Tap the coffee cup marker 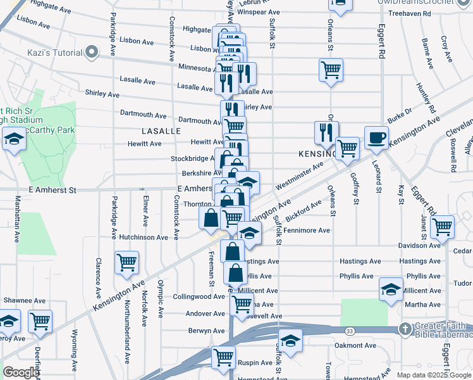(x=377, y=138)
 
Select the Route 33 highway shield (x=349, y=330)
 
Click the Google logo (x=21, y=372)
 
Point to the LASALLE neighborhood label (x=163, y=130)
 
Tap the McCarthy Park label (x=50, y=130)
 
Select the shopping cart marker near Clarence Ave (x=127, y=262)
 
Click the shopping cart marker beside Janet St (x=442, y=226)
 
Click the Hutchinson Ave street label (x=144, y=237)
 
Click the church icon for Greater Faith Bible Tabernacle (x=405, y=329)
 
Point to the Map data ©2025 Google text (x=433, y=375)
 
